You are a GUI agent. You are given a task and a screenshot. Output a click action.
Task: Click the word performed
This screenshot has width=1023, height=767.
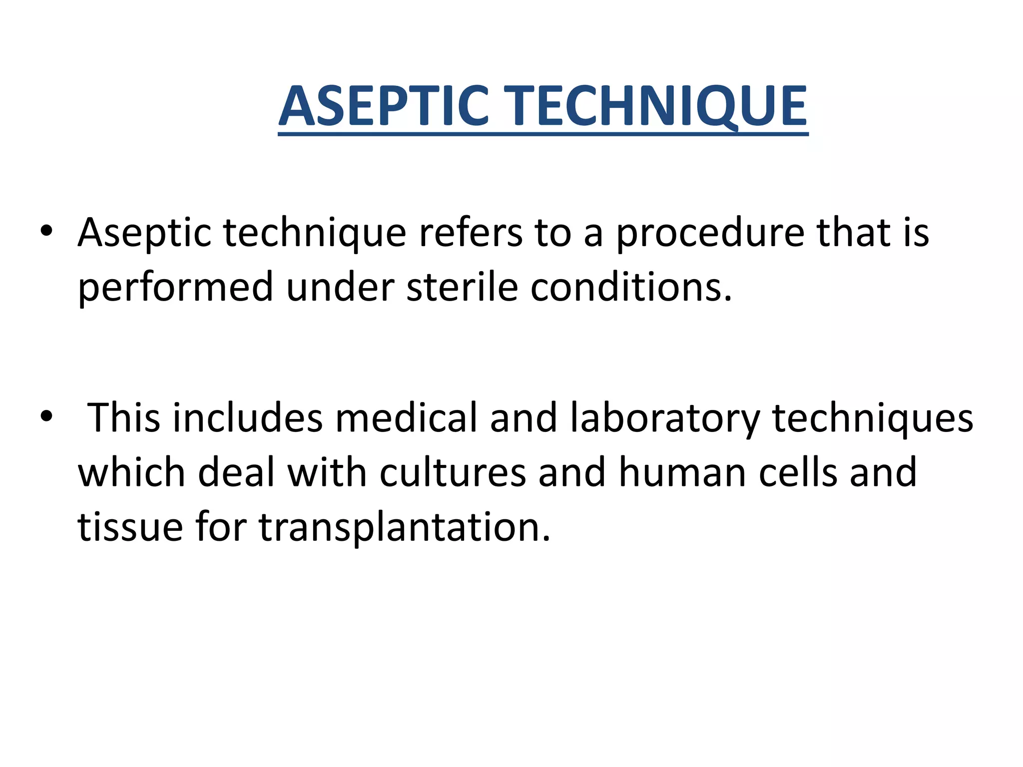(175, 288)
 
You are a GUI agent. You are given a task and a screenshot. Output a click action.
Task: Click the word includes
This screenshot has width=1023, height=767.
(248, 417)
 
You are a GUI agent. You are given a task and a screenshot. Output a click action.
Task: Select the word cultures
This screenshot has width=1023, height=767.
(453, 472)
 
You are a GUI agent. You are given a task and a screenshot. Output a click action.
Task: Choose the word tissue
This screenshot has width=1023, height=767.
(130, 527)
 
